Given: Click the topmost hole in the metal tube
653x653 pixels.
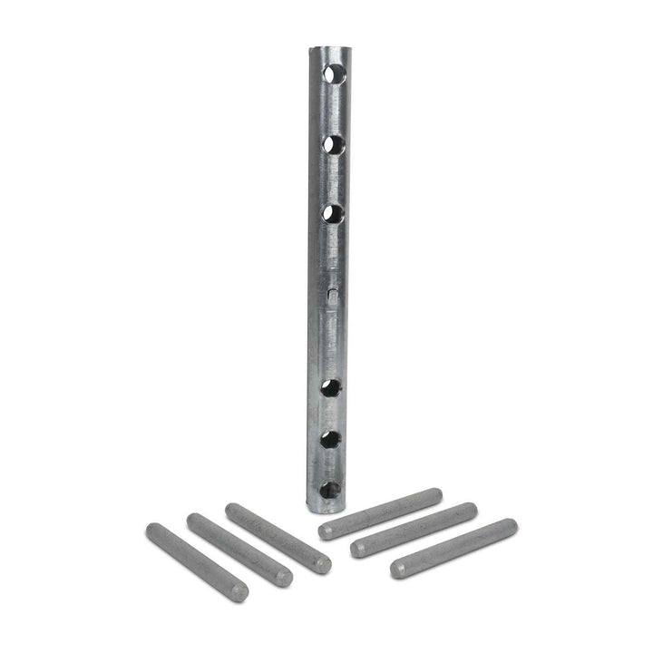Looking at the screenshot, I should tap(335, 73).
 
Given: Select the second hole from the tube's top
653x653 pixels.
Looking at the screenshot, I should tap(334, 144).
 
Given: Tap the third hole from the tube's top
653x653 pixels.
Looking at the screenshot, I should tap(333, 214).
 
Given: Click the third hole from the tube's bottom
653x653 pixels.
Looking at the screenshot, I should tap(332, 388).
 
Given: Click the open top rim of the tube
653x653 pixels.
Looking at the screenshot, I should tap(328, 49).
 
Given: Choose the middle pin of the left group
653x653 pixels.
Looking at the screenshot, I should tap(239, 550).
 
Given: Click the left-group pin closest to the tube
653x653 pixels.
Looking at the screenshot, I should tap(278, 538).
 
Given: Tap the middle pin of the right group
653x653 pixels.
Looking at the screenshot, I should tap(414, 530).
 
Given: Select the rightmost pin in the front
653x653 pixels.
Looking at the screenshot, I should tap(453, 548).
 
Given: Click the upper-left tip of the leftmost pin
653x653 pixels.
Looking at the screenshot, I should tap(152, 529).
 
